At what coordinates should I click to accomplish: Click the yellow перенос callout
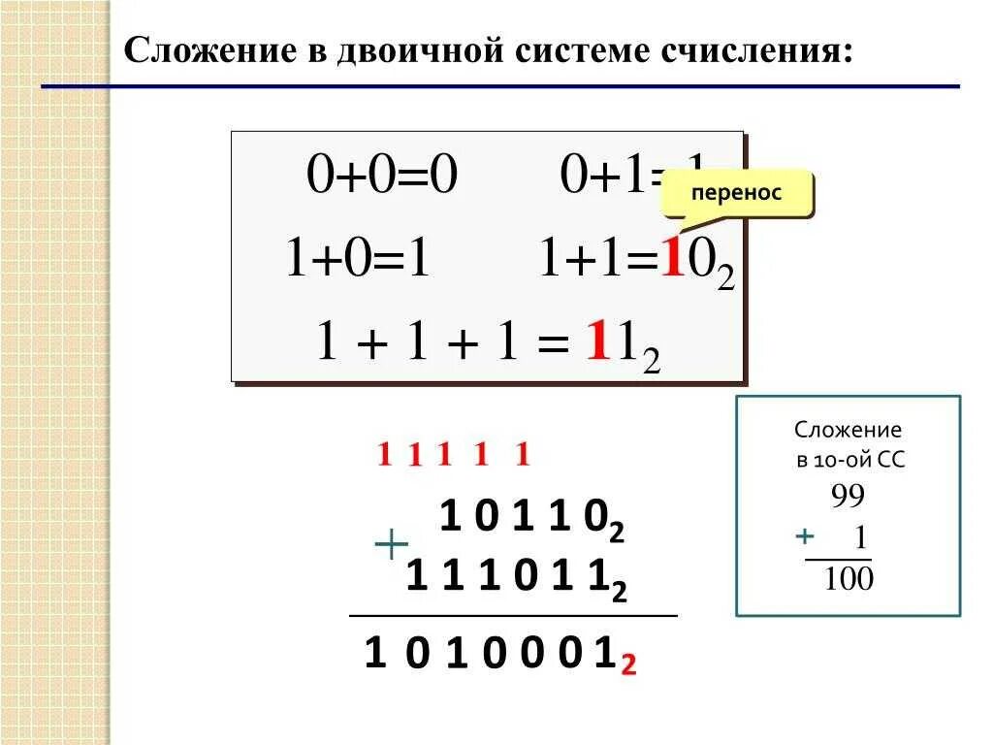[736, 193]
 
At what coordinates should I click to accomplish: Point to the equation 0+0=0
[381, 177]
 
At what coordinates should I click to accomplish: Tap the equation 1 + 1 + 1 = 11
[489, 345]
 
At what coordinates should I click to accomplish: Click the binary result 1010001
[490, 656]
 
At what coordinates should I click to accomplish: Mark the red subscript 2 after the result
[628, 665]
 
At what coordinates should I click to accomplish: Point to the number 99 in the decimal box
[847, 497]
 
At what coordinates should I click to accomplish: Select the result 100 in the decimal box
[848, 580]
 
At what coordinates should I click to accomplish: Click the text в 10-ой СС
[849, 461]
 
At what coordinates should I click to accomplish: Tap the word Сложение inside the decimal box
[848, 429]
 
